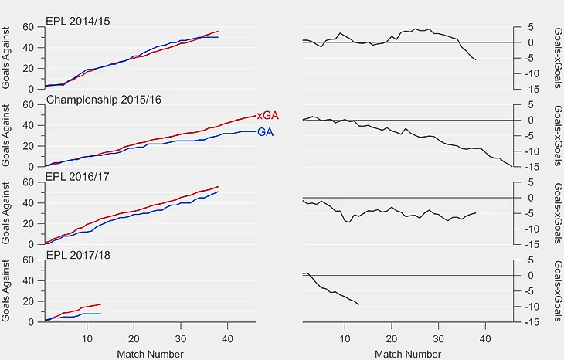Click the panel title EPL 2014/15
[x=78, y=21]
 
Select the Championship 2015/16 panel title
[x=104, y=100]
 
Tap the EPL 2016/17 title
[x=77, y=177]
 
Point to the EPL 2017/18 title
[x=78, y=255]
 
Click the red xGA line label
[x=267, y=116]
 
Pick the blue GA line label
[x=266, y=132]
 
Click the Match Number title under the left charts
[x=151, y=355]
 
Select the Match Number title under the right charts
[x=408, y=355]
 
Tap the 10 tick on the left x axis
[x=87, y=339]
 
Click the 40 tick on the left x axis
[x=227, y=339]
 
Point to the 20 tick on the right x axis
[x=392, y=339]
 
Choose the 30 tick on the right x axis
[x=439, y=339]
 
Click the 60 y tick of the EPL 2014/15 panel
[x=28, y=27]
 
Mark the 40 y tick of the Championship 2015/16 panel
[x=28, y=125]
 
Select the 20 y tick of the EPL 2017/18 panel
[x=28, y=301]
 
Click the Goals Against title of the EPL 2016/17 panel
[x=5, y=213]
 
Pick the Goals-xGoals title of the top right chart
[x=558, y=58]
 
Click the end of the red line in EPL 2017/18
[x=100, y=304]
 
